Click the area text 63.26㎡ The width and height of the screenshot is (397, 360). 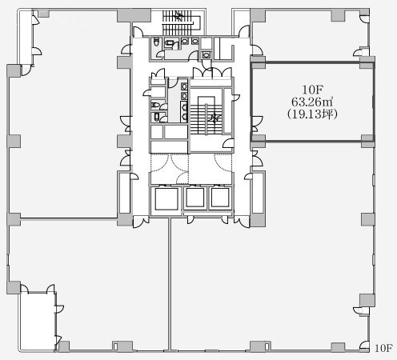(312, 102)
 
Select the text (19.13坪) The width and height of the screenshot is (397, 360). (312, 114)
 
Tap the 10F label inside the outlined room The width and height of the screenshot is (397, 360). (312, 90)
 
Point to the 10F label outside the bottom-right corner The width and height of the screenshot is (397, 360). (383, 348)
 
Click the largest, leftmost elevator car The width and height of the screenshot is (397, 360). (166, 198)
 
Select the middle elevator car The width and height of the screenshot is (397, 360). (195, 198)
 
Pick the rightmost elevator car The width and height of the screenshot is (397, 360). (220, 198)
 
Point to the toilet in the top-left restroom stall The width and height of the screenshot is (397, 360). (156, 42)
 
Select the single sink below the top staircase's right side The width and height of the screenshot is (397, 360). (206, 55)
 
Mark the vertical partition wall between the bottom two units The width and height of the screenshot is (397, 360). (170, 284)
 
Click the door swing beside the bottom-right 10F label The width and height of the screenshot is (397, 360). (364, 346)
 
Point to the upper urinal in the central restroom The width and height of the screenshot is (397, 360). (184, 107)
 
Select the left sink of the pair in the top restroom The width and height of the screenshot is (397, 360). (185, 41)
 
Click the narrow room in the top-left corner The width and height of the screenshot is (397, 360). (26, 38)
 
